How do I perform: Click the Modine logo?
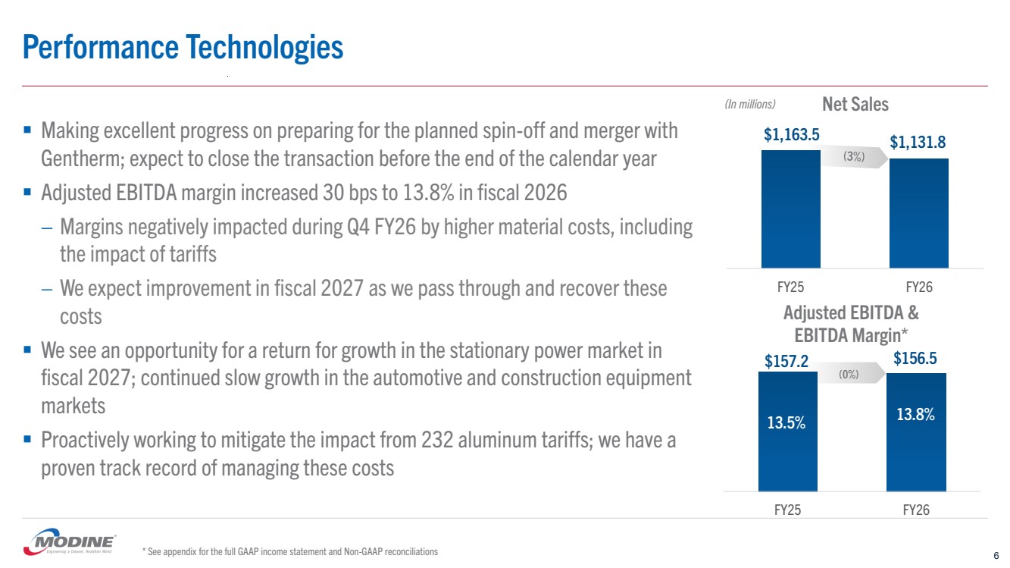(70, 541)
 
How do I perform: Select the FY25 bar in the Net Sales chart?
(791, 209)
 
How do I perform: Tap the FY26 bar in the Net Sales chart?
(919, 213)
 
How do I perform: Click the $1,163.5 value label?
(791, 134)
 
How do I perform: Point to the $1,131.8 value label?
(918, 142)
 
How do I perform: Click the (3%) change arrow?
(855, 156)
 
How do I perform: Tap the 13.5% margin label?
(786, 422)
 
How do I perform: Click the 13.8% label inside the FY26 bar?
(915, 414)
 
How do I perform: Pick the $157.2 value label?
(786, 361)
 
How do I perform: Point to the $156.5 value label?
(915, 358)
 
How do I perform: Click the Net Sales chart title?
(855, 104)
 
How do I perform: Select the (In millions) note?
(750, 105)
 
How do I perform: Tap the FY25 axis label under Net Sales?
(790, 287)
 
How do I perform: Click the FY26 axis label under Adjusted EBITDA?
(916, 510)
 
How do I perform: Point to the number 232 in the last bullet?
(437, 440)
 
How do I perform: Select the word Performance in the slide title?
(101, 48)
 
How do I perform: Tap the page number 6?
(996, 555)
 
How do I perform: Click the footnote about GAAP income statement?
(290, 551)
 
